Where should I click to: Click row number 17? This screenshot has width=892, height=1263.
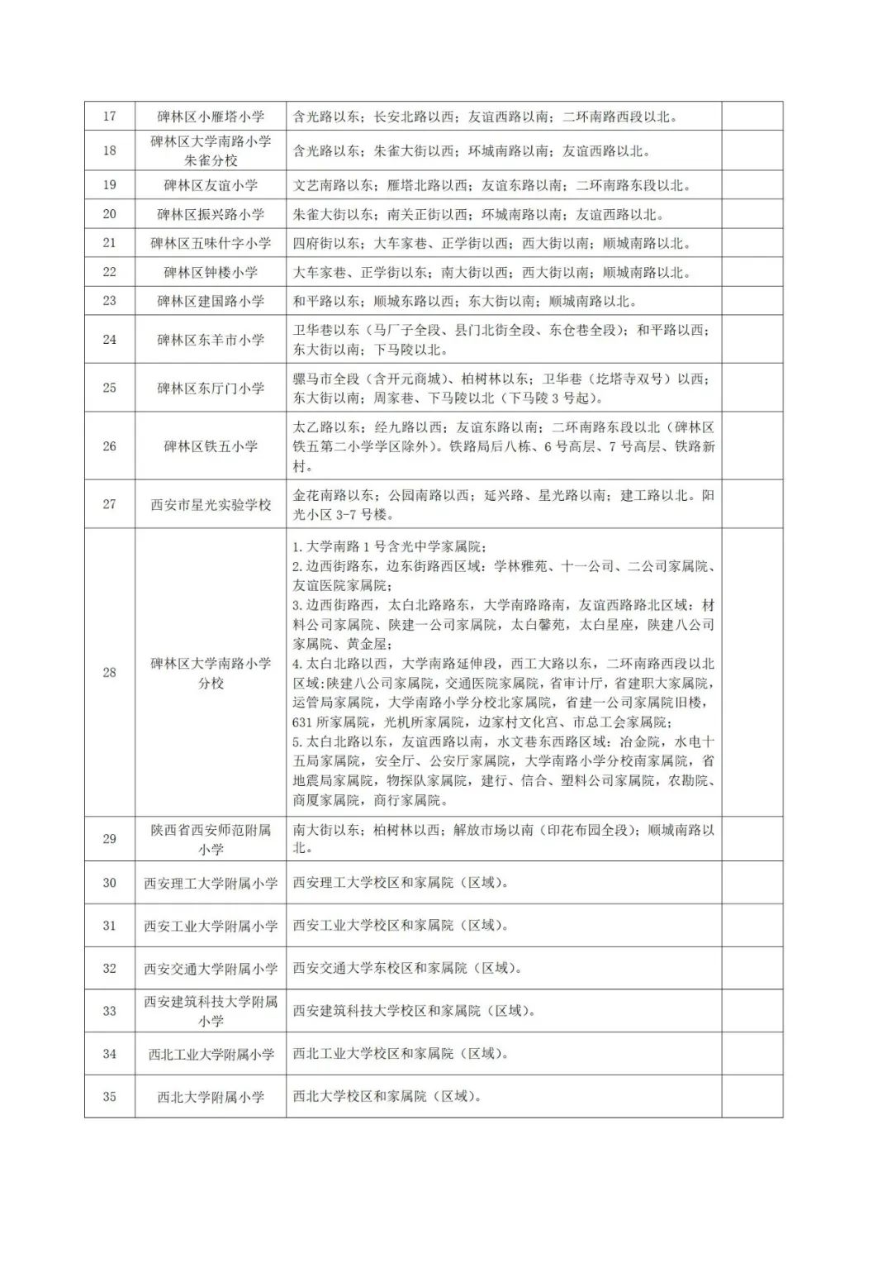pos(110,117)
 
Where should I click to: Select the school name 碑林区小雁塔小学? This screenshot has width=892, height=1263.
pos(211,117)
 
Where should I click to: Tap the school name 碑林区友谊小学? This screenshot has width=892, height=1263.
pos(211,185)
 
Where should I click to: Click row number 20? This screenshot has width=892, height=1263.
pos(110,214)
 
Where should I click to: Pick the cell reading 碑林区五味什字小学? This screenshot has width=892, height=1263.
pos(211,243)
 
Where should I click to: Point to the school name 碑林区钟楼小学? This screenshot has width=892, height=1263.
pos(211,272)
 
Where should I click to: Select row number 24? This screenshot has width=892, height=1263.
pos(110,340)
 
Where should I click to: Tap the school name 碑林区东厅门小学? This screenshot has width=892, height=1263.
pos(211,388)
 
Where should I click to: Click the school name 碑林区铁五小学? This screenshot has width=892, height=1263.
pos(211,446)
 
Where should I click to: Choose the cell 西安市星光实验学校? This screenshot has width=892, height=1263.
pos(211,504)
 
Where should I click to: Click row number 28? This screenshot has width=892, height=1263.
pos(110,673)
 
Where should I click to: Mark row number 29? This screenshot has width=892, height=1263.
pos(110,839)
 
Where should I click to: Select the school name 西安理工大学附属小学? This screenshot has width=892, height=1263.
pos(211,883)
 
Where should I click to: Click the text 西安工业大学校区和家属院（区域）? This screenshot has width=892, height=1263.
pos(401,926)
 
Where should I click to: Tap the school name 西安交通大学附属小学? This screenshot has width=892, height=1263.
pos(211,969)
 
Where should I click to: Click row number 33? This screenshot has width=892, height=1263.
pos(110,1011)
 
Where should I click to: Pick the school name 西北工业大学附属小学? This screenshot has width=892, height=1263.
pos(211,1054)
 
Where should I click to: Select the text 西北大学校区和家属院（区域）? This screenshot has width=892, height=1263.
pos(387,1097)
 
